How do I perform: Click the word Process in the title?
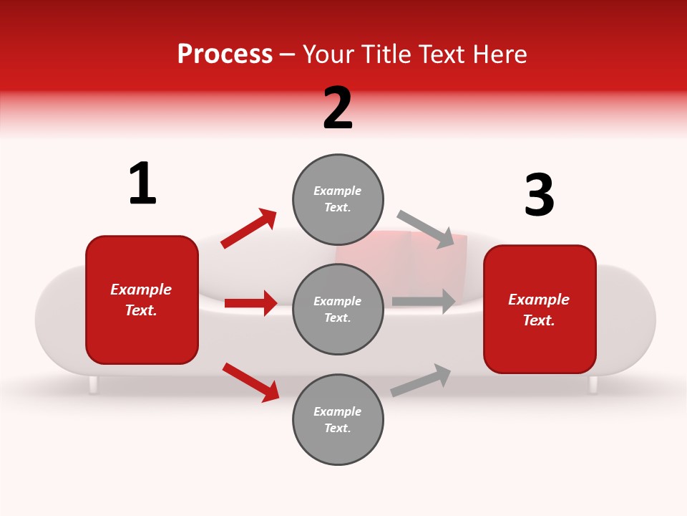click(225, 54)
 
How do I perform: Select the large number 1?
click(142, 183)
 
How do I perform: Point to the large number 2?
click(338, 108)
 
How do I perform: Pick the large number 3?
click(539, 195)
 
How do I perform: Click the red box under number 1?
click(142, 300)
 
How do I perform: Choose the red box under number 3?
click(540, 309)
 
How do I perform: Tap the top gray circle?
click(338, 199)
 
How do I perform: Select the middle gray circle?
click(338, 309)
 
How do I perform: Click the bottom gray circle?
click(338, 419)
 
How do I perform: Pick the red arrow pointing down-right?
click(250, 381)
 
